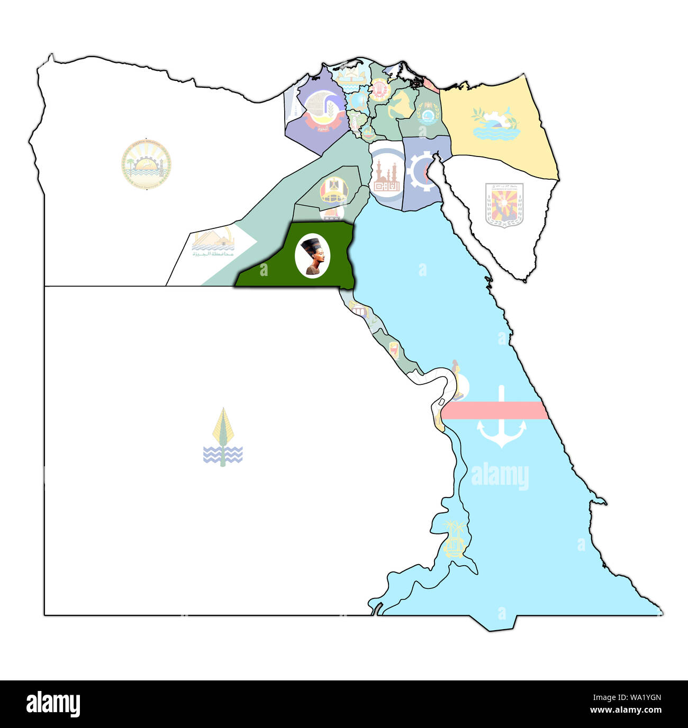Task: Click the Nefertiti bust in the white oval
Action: (x=313, y=255)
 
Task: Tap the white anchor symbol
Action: (x=501, y=423)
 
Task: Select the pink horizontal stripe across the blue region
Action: (x=495, y=410)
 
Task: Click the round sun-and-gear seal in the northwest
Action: (x=146, y=164)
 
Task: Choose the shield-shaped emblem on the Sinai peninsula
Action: (x=504, y=205)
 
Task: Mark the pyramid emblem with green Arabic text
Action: (x=213, y=244)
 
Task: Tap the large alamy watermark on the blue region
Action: (x=500, y=476)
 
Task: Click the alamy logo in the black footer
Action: (x=53, y=704)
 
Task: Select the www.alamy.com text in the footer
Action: (x=626, y=710)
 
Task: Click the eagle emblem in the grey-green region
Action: (x=333, y=189)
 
